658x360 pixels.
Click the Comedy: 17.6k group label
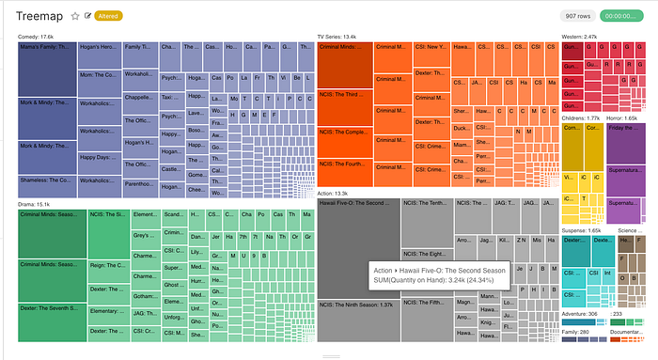pyautogui.click(x=36, y=36)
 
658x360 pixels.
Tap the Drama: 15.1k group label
pyautogui.click(x=34, y=203)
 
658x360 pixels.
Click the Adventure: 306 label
pyautogui.click(x=580, y=314)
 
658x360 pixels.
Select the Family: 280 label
pyautogui.click(x=576, y=332)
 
